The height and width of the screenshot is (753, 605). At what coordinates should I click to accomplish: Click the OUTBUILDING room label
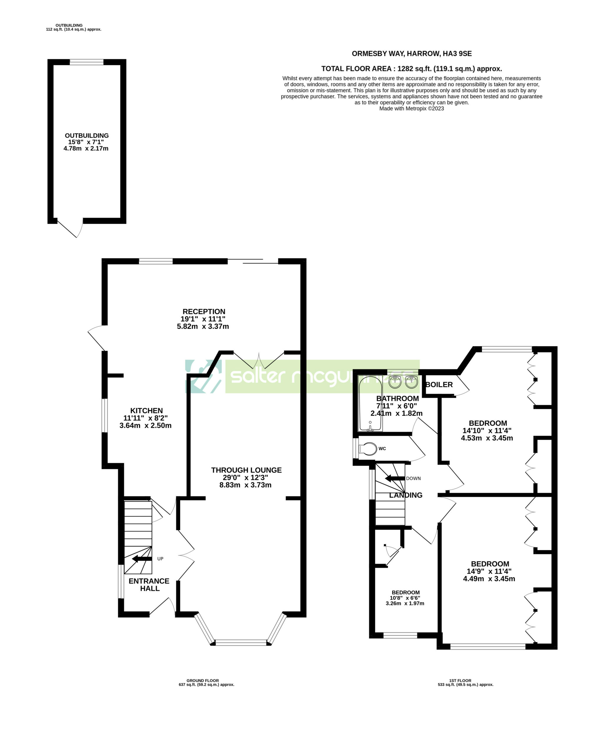pos(87,136)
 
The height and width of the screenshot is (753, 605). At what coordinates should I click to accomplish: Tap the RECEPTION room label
pos(204,311)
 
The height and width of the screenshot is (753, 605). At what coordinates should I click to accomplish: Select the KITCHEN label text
pos(146,411)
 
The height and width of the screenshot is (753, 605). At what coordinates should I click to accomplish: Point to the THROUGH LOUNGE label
pos(246,470)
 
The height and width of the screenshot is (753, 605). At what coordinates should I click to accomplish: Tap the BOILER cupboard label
pos(439,384)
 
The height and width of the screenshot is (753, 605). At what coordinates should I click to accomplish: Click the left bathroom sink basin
pos(395,382)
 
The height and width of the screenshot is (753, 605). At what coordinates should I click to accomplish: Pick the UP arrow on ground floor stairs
pos(142,559)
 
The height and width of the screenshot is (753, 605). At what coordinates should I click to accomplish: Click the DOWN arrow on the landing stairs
pos(395,479)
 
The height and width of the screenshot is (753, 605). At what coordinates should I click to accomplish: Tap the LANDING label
pos(406,495)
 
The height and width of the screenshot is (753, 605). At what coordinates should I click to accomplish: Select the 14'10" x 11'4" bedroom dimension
pos(487,431)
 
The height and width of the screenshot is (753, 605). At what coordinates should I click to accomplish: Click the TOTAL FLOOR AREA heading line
pos(411,69)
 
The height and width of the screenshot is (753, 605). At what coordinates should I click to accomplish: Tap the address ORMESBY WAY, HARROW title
pos(411,54)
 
